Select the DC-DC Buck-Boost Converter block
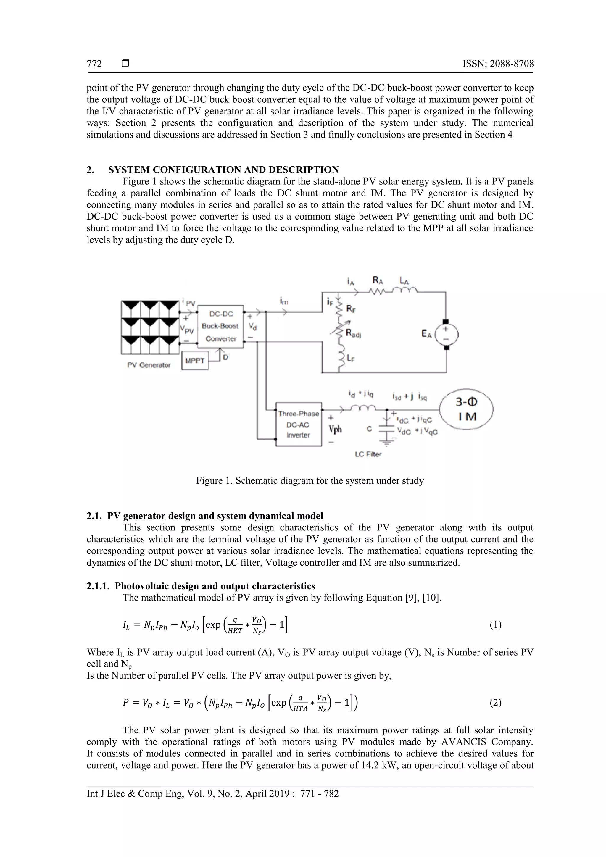(220, 326)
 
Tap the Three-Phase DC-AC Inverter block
(298, 425)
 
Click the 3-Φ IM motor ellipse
(466, 409)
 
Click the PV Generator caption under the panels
(149, 365)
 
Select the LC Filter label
(368, 454)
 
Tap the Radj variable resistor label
(353, 334)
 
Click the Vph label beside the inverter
(335, 429)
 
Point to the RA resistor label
(379, 280)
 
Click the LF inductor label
(351, 358)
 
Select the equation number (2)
(495, 703)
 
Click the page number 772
(94, 64)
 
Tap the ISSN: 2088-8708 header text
(498, 64)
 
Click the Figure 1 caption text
(310, 480)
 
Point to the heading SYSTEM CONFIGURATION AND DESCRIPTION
(223, 170)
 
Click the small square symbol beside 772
(125, 64)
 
